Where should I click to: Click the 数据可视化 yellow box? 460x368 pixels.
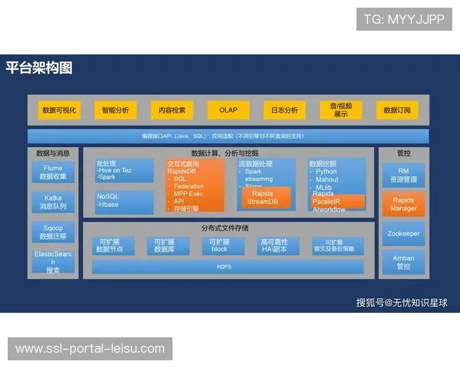point(59,110)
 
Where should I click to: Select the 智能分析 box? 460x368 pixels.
point(115,110)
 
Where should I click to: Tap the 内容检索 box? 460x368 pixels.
point(172,110)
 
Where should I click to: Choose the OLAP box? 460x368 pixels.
point(228,110)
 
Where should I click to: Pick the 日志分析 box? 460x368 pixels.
point(284,110)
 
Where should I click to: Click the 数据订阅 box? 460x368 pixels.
point(397,110)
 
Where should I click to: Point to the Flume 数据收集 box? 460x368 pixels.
point(53,172)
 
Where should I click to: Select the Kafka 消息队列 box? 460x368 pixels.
point(53,202)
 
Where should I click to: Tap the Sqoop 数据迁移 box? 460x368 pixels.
point(53,232)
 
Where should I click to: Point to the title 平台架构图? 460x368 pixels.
point(39,67)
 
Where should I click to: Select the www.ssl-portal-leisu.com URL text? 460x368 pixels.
point(90,349)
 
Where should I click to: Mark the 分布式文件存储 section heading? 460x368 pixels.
point(224,228)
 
